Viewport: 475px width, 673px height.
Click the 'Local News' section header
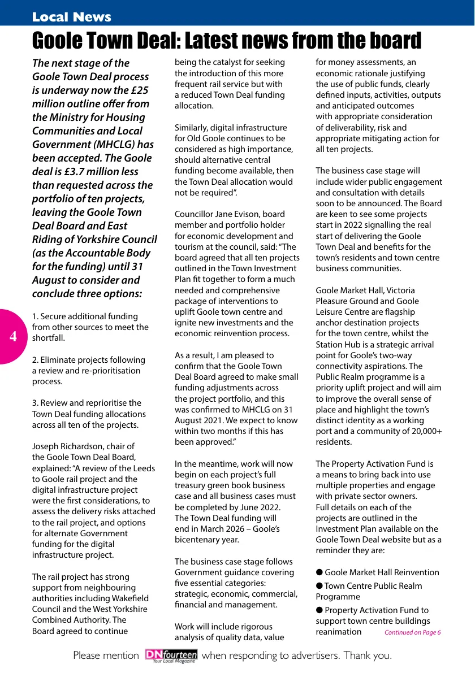pos(71,17)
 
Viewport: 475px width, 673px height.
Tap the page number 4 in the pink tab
pos(13,337)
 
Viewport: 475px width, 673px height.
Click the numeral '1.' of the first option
pos(35,316)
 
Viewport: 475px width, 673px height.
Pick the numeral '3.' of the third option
pos(35,403)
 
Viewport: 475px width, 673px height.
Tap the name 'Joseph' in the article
pos(46,447)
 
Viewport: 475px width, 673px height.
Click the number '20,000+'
pos(421,431)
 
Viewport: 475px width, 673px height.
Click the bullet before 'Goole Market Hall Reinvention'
pos(319,573)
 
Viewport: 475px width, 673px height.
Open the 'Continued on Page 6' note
pos(412,632)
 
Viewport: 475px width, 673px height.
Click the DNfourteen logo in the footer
pos(171,655)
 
